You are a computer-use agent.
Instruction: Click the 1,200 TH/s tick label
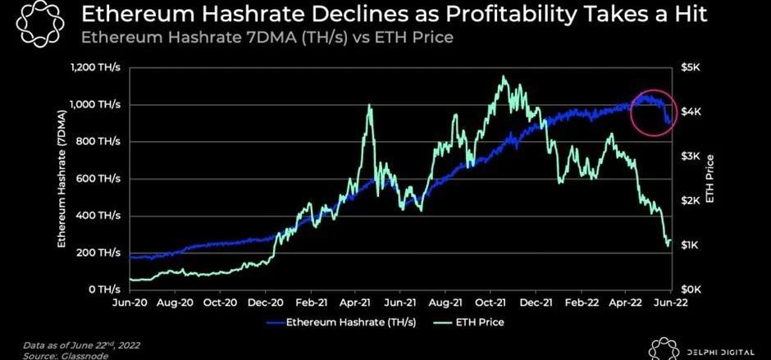(97, 66)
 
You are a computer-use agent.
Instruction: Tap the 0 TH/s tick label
(107, 290)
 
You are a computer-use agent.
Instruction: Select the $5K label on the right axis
(691, 66)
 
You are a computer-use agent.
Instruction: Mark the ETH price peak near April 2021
(371, 106)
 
